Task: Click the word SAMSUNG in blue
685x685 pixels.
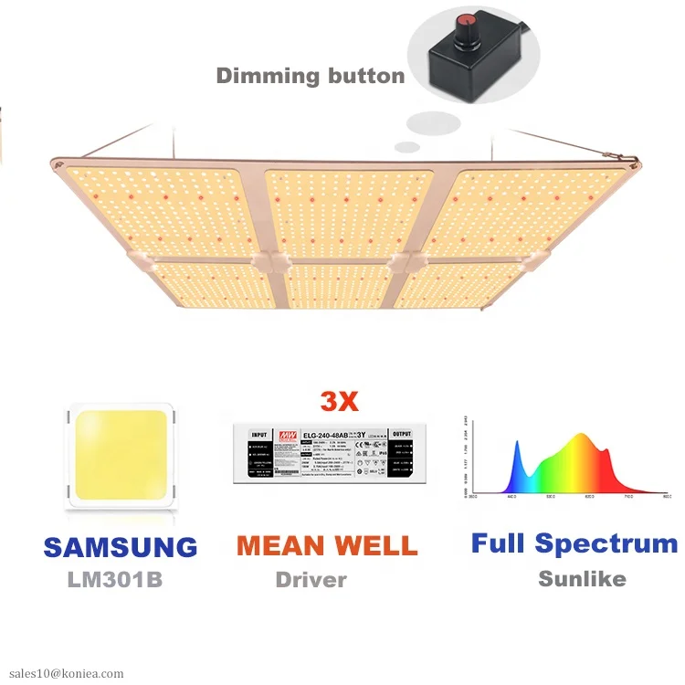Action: coord(121,547)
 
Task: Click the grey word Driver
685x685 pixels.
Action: coord(311,579)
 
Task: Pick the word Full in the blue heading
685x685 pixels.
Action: coord(499,543)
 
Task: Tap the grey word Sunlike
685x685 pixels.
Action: coord(582,578)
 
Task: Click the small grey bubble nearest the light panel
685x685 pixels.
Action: coord(407,146)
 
